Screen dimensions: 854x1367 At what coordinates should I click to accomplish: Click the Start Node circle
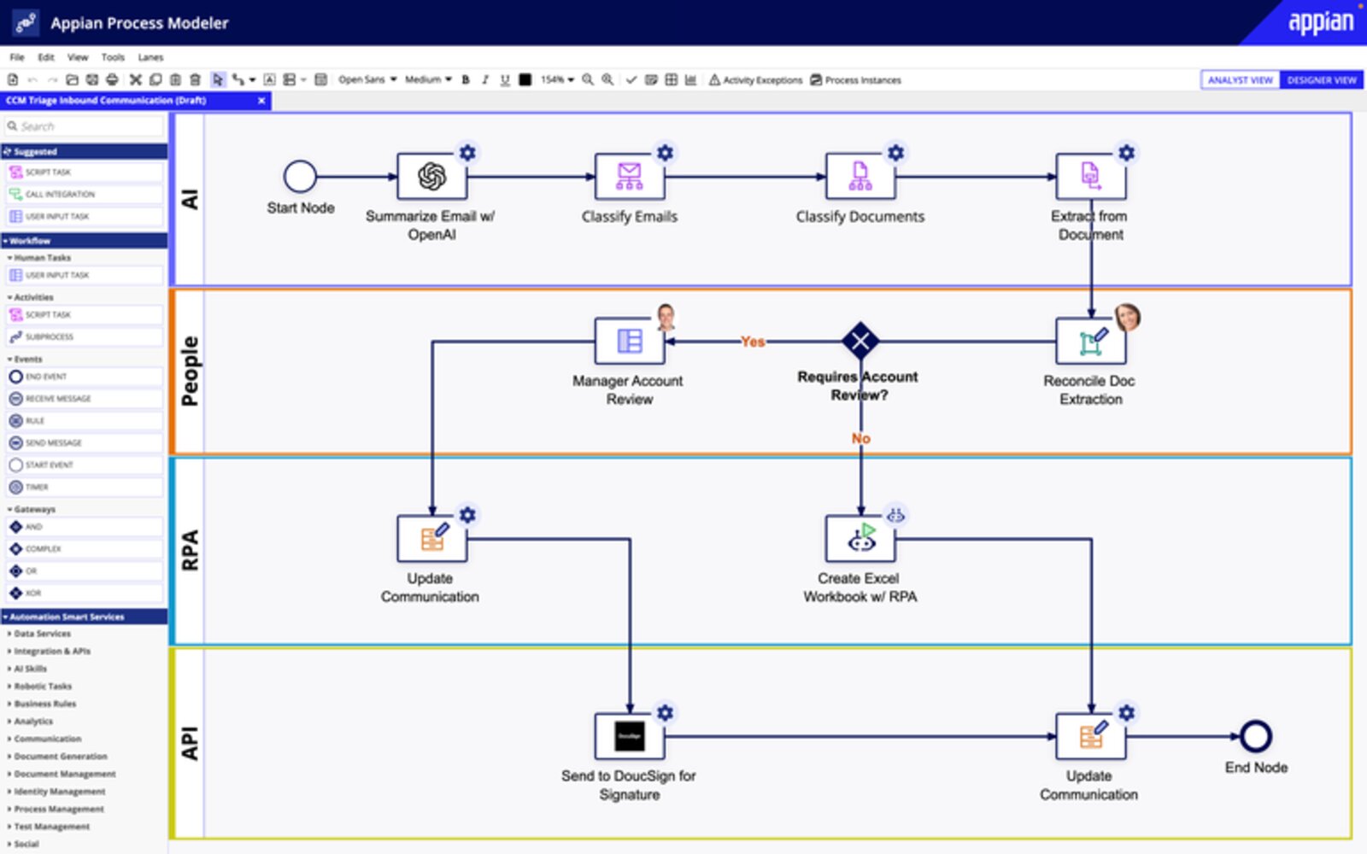(x=300, y=177)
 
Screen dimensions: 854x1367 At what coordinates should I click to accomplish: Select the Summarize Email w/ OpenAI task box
(x=431, y=177)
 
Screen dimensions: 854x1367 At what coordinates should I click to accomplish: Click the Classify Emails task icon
(x=630, y=177)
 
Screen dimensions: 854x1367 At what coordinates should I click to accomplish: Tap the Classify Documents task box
(x=860, y=177)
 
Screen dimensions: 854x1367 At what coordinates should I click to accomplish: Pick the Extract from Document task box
(x=1090, y=177)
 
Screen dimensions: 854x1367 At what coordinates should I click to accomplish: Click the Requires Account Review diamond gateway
(x=860, y=342)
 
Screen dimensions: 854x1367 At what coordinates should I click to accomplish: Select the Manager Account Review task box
(x=630, y=342)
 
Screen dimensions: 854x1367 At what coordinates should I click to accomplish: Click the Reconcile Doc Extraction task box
(x=1090, y=342)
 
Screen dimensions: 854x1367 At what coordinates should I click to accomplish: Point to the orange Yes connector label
(x=753, y=342)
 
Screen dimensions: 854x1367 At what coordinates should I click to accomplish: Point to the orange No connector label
(x=860, y=438)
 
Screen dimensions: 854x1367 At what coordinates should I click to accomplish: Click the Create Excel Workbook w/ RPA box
(x=860, y=539)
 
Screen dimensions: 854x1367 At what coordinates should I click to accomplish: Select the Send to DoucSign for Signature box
(x=630, y=736)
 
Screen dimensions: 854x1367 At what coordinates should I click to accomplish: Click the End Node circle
(x=1256, y=736)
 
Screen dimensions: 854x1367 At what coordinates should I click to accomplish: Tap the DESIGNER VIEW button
(x=1321, y=80)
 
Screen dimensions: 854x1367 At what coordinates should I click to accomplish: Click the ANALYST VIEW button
(x=1241, y=80)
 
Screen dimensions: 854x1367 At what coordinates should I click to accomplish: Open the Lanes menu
(x=150, y=57)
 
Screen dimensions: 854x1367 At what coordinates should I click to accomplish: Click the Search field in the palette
(x=85, y=126)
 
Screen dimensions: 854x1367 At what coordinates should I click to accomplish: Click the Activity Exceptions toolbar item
(x=755, y=80)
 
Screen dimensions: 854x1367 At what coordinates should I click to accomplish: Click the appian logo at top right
(x=1320, y=22)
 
